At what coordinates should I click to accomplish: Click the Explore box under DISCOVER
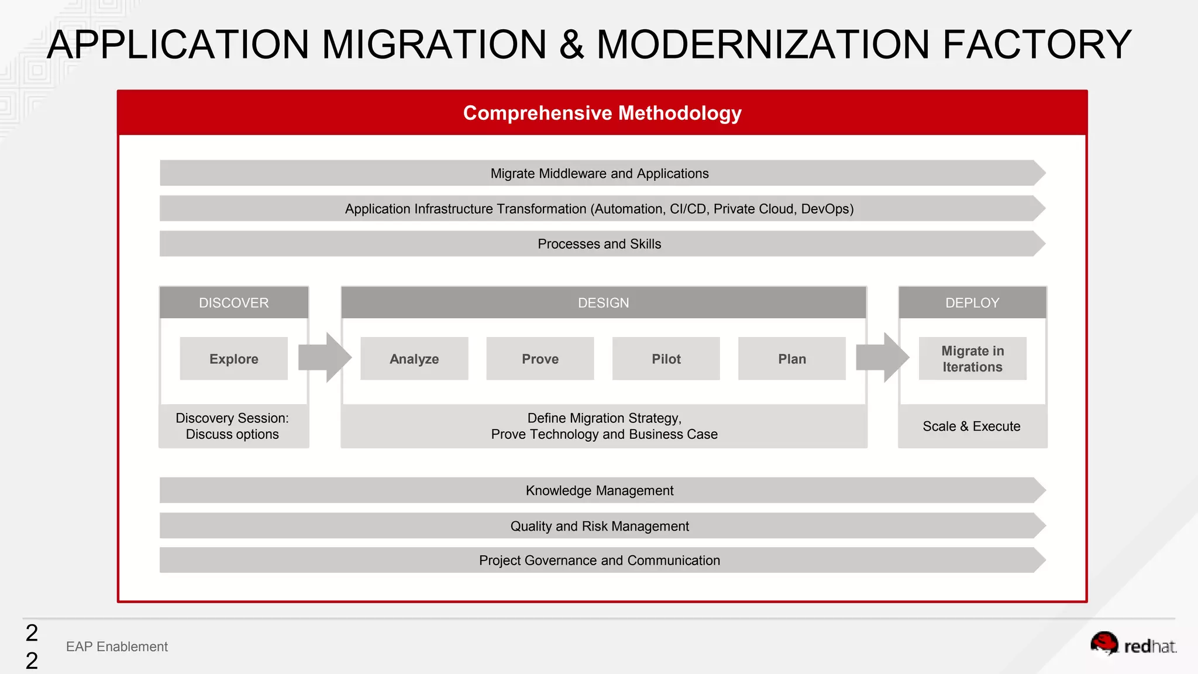pos(233,359)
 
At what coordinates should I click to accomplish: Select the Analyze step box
pos(414,359)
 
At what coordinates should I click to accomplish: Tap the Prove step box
pos(540,359)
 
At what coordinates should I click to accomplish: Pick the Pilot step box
pos(666,359)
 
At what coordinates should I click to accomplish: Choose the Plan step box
pos(791,359)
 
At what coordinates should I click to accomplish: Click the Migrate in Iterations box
pos(972,359)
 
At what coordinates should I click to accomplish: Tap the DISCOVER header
pos(233,302)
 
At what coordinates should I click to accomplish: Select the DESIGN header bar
pos(603,302)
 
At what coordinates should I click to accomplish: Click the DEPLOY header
pos(972,302)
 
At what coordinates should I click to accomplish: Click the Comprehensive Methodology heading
pos(602,113)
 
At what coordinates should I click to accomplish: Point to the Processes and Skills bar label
pos(599,244)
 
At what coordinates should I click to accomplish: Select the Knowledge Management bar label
pos(599,490)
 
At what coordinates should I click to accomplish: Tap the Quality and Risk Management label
pos(599,526)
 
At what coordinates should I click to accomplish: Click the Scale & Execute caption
pos(971,426)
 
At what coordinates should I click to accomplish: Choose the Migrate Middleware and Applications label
pos(599,174)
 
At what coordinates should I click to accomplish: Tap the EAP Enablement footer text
pos(116,647)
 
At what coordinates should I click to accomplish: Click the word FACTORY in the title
pos(1037,44)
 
